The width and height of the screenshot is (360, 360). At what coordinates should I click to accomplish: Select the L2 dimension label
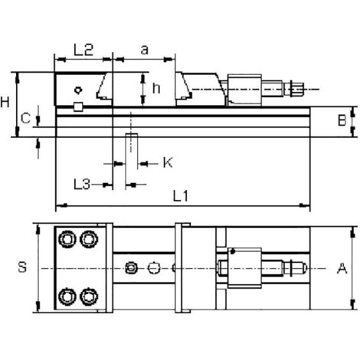pyautogui.click(x=83, y=51)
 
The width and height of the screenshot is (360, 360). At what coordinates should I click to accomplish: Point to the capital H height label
pyautogui.click(x=7, y=101)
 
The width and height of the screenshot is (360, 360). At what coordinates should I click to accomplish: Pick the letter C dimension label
pyautogui.click(x=25, y=118)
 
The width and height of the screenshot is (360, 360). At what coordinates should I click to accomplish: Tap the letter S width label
pyautogui.click(x=23, y=267)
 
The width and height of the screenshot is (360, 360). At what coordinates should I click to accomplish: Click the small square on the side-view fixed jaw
pyautogui.click(x=78, y=106)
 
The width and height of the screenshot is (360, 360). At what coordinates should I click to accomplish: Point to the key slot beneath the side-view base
pyautogui.click(x=131, y=143)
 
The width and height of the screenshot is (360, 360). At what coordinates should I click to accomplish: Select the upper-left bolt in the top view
pyautogui.click(x=69, y=240)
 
